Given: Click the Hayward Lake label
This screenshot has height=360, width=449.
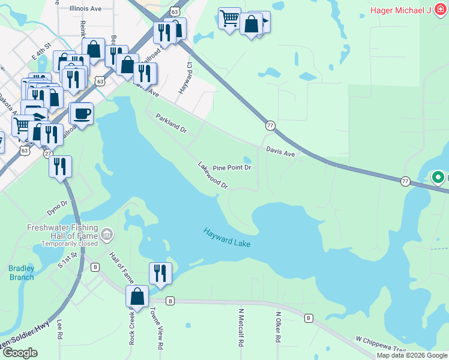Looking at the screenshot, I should coord(226,238).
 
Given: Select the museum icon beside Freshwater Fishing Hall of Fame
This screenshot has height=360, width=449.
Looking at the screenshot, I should coord(107,233).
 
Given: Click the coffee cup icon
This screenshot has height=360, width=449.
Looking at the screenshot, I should coord(81,112).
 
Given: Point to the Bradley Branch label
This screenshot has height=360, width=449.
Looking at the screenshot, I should coord(22,272).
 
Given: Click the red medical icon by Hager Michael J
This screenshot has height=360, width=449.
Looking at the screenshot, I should coord(438,10).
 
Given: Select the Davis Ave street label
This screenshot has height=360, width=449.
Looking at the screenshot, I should coord(280,153).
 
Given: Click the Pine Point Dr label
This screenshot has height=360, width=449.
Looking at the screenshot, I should coord(232,167).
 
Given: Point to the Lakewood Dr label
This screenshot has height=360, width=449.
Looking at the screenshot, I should coord(214,175).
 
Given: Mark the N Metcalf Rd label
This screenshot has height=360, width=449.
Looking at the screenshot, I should coord(241,328).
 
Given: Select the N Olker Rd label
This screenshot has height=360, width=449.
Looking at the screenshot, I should coord(278,327).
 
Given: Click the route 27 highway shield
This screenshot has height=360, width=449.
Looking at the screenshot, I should coord(48,154).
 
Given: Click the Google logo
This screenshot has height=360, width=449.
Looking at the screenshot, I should coord(20,352).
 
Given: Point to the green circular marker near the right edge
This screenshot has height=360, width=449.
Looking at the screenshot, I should coord(438,178).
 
